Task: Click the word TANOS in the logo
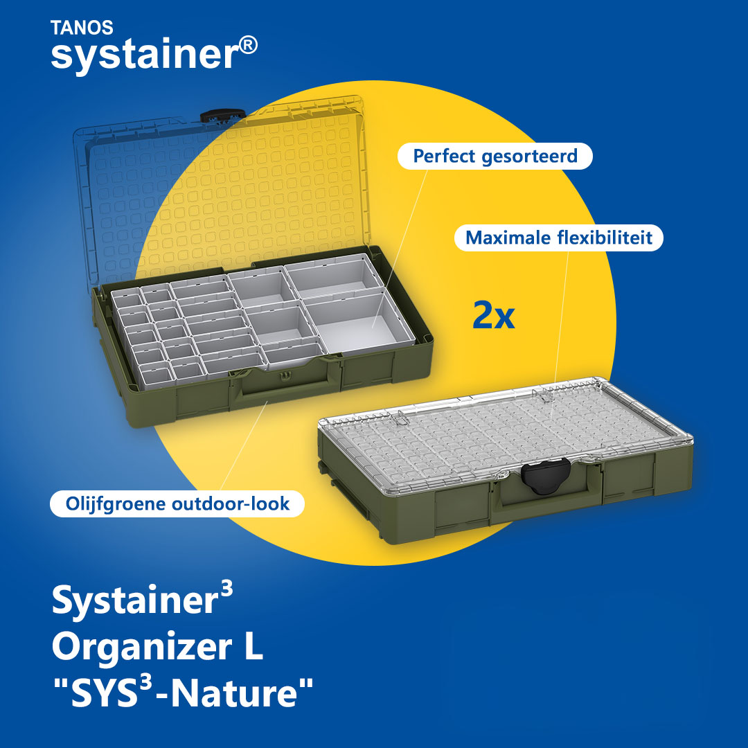point(82,28)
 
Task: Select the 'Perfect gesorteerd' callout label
point(495,156)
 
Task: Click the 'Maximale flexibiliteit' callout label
point(559,238)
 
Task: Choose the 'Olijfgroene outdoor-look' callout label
point(177,504)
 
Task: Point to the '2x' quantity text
point(494,315)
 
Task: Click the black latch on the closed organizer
point(546,476)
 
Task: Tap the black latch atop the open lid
point(222,116)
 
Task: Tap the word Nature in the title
point(235,693)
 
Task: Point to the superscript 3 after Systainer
point(227,589)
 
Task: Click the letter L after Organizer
point(253,646)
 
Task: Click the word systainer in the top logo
point(143,55)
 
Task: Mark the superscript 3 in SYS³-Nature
point(147,683)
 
